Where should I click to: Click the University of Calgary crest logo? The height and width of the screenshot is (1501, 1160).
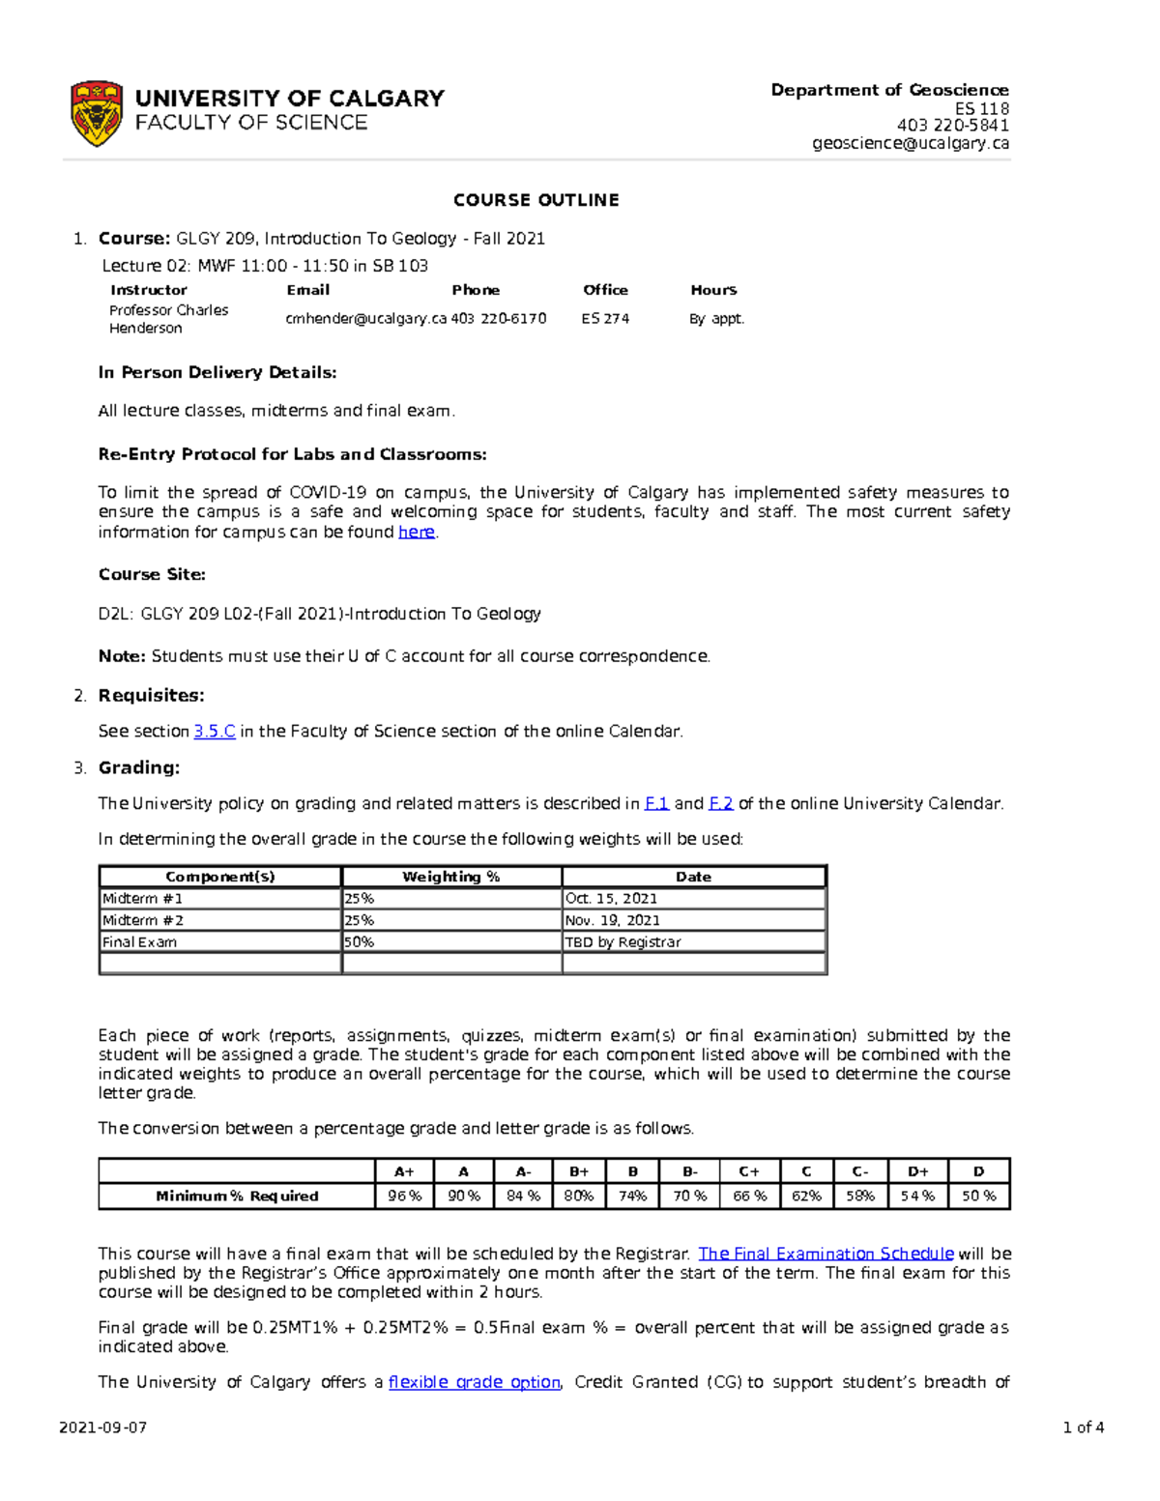click(x=96, y=113)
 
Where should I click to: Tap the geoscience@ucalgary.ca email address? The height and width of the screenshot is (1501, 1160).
click(x=911, y=143)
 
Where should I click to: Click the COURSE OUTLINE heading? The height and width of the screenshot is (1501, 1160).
click(x=536, y=200)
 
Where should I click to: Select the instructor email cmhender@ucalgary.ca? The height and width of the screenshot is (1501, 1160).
click(x=365, y=318)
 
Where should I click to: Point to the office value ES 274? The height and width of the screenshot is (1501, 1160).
click(x=605, y=318)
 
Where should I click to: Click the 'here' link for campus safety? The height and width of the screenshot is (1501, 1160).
click(x=417, y=532)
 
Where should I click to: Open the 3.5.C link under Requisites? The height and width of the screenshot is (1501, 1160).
click(x=215, y=732)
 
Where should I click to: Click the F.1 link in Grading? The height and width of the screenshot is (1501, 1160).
click(x=656, y=803)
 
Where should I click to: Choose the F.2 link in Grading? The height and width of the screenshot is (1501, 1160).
click(x=721, y=803)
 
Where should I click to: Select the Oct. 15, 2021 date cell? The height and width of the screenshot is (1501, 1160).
click(x=611, y=898)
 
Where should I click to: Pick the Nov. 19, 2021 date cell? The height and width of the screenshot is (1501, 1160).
click(x=613, y=920)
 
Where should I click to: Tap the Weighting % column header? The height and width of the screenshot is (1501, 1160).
click(x=451, y=877)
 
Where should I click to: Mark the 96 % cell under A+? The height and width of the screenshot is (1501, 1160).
click(x=404, y=1196)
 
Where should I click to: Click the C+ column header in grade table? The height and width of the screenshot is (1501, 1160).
click(x=749, y=1171)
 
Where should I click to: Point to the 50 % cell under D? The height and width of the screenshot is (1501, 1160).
click(x=978, y=1196)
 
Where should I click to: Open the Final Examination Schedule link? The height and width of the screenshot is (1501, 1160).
click(x=826, y=1254)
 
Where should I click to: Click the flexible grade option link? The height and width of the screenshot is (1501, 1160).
click(x=474, y=1382)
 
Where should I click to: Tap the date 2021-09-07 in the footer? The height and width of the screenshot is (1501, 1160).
click(x=102, y=1428)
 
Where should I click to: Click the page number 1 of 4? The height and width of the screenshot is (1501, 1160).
click(x=1083, y=1428)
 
